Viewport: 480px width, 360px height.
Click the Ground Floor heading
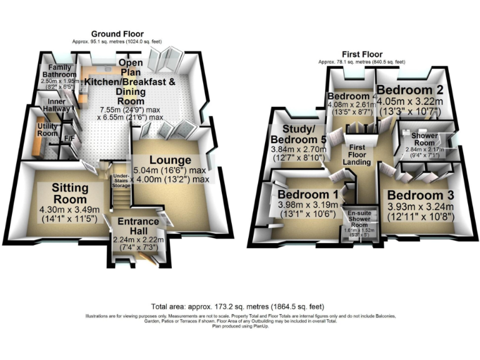(117, 34)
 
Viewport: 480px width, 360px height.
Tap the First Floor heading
(362, 55)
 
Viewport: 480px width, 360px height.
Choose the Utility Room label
(47, 129)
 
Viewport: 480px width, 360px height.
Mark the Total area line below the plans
(239, 307)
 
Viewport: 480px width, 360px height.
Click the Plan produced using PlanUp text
(239, 326)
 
